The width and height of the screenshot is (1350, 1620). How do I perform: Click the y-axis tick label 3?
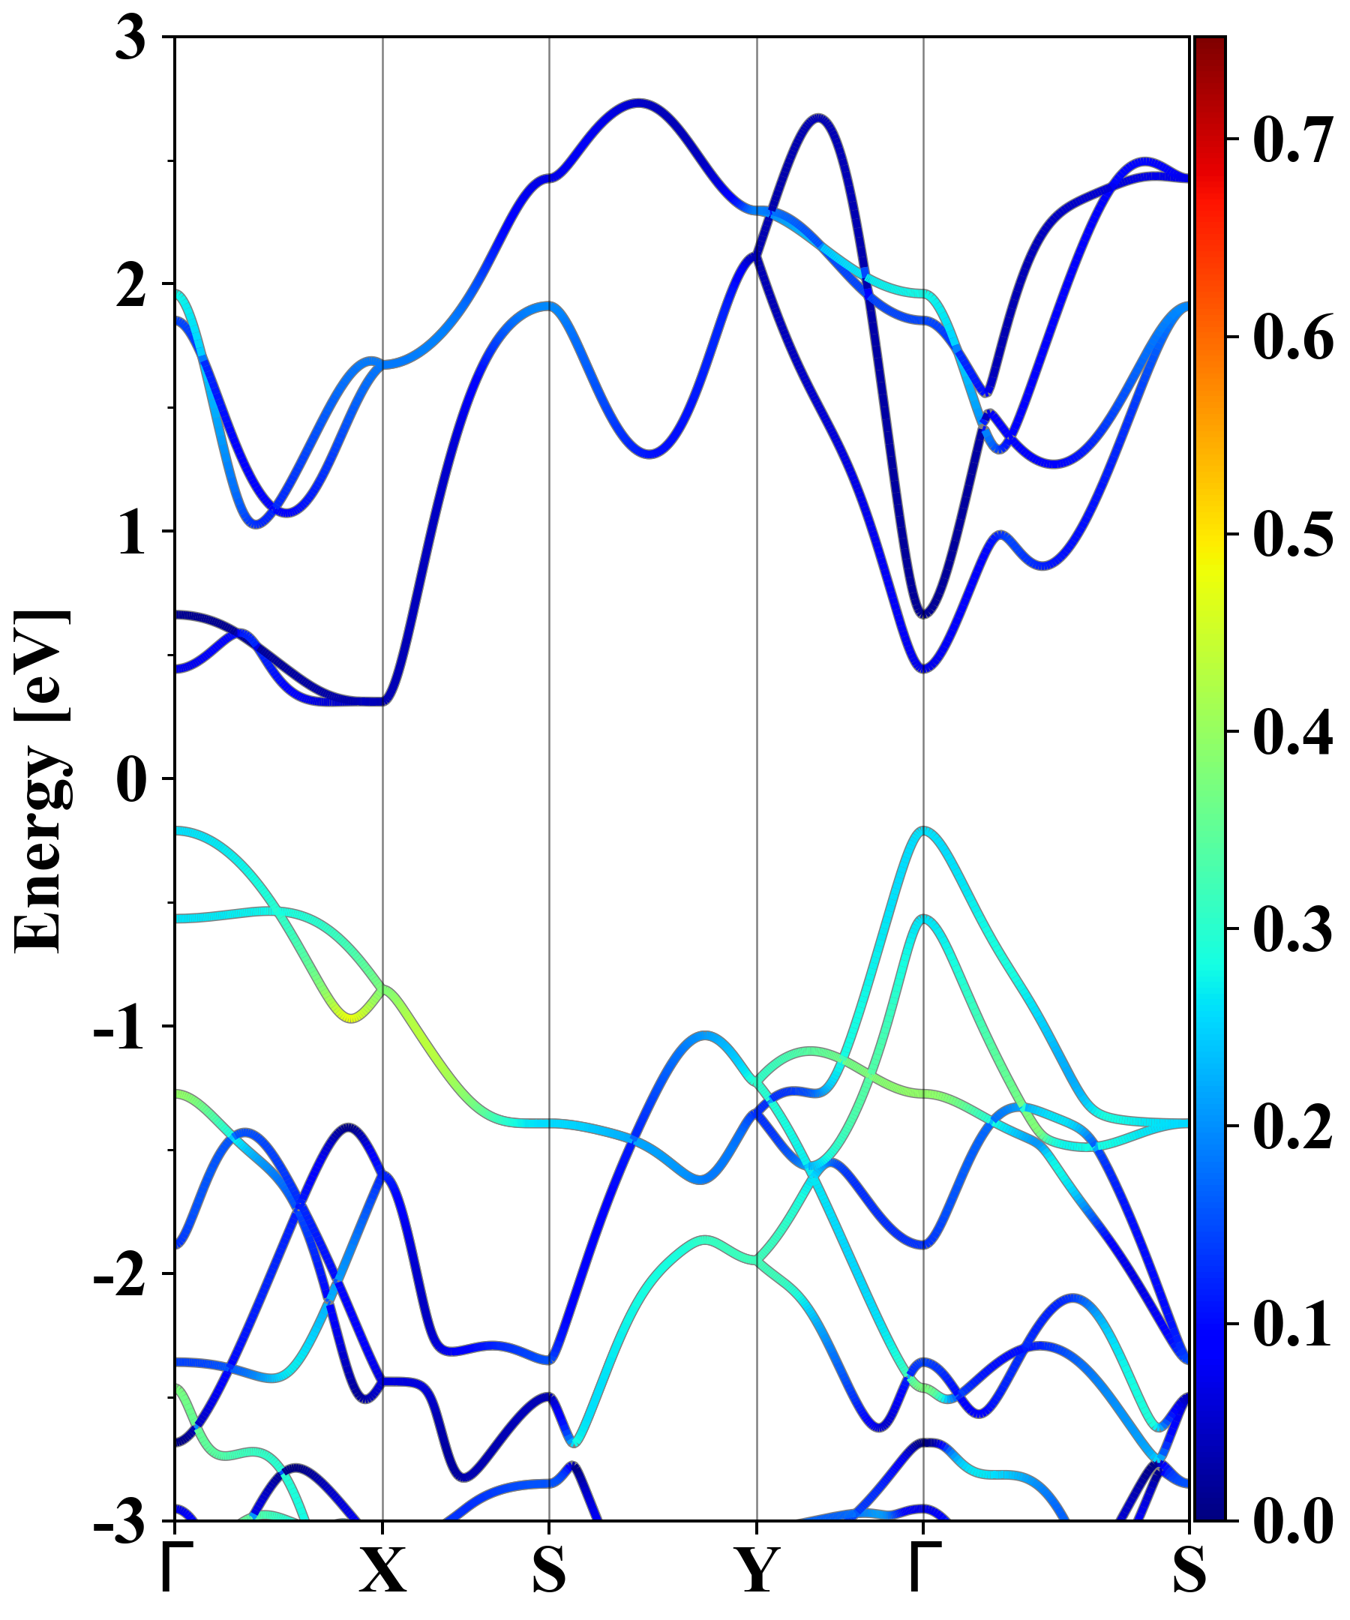(130, 38)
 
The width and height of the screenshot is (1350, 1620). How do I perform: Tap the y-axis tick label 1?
(132, 533)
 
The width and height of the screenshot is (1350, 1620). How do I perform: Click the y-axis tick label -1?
(119, 1027)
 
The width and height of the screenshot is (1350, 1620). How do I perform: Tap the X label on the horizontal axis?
(382, 1570)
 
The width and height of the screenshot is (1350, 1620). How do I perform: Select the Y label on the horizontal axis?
(757, 1570)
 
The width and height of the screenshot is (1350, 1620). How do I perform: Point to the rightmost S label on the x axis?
(1189, 1570)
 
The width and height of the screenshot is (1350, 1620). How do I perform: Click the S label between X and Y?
(548, 1570)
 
